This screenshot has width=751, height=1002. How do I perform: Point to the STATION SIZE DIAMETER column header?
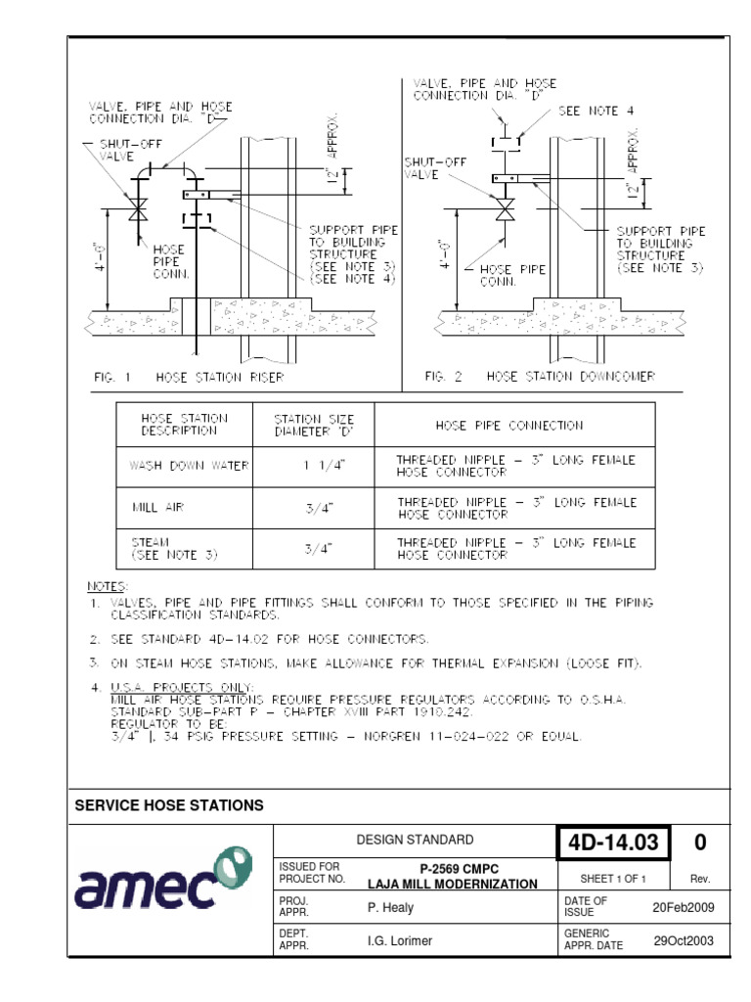click(314, 426)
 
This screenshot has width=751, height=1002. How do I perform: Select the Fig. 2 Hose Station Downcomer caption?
click(540, 376)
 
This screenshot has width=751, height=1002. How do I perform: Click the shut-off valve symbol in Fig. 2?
click(506, 209)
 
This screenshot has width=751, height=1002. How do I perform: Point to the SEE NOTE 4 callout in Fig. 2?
click(589, 112)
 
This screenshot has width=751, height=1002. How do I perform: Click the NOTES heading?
click(109, 586)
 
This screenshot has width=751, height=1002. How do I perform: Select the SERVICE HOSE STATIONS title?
click(169, 805)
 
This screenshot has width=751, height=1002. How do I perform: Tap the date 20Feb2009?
click(684, 907)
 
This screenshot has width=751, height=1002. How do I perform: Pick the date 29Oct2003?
click(684, 941)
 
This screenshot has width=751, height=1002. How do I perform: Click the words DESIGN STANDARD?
click(415, 840)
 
